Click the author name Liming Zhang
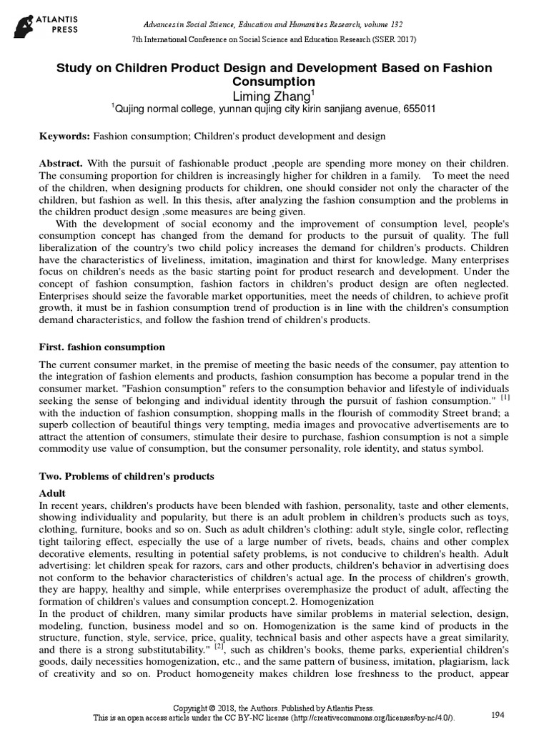(274, 95)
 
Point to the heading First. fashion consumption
(102, 347)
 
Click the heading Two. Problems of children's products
(126, 476)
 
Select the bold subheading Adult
(51, 493)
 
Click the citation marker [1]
(505, 397)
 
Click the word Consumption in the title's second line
(274, 81)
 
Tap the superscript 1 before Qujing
(112, 105)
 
